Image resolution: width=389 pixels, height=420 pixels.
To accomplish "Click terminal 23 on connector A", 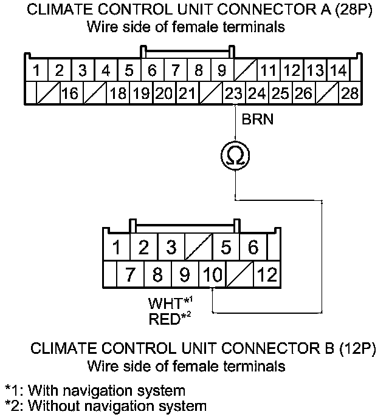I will [234, 94].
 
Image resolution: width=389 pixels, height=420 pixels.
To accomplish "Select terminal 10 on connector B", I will [212, 275].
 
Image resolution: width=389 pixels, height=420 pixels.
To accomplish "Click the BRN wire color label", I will [258, 120].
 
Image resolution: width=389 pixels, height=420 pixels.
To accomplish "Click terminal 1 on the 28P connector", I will [36, 70].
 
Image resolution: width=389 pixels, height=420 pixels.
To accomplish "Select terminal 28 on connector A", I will [349, 94].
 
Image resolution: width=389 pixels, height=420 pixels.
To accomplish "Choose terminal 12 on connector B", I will [267, 275].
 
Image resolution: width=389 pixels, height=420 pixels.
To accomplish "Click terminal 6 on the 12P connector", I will [253, 247].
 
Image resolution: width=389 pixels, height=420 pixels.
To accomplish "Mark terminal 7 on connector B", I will [129, 275].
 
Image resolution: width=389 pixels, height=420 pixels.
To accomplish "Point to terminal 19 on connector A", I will [141, 94].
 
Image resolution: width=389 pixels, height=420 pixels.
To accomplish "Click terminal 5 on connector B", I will [226, 247].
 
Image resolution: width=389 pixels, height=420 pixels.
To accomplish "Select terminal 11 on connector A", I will [268, 70].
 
